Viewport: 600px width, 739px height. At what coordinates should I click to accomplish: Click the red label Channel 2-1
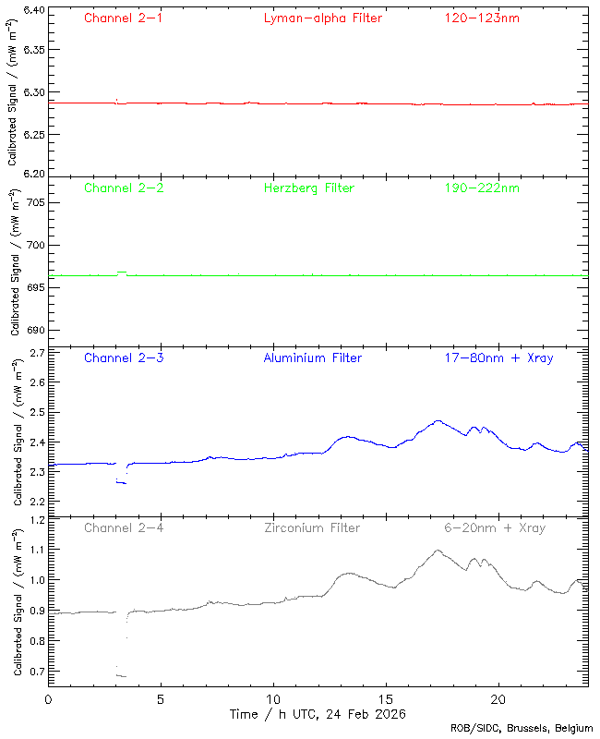pos(124,18)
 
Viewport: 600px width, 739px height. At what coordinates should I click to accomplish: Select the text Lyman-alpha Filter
pos(322,18)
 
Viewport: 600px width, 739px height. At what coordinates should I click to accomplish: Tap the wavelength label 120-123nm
pos(482,18)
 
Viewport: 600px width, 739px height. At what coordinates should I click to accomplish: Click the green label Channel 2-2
pos(124,188)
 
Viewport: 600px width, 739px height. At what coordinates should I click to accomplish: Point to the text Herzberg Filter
pos(308,188)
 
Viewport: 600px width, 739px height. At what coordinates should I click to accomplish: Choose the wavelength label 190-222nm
pos(482,188)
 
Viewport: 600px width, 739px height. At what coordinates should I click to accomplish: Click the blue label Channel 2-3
pos(124,357)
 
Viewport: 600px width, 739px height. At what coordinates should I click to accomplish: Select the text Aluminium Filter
pos(313,357)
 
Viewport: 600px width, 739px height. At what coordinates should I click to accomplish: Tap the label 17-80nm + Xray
pos(498,357)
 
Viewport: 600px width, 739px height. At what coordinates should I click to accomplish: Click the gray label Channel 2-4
pos(124,528)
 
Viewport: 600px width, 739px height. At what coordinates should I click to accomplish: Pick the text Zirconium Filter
pos(312,528)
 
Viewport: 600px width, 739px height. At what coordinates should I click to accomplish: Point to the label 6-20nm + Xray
pos(495,528)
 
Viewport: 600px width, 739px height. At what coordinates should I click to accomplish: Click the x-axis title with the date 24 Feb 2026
pos(318,714)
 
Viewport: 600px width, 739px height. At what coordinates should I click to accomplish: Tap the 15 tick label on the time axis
pos(385,699)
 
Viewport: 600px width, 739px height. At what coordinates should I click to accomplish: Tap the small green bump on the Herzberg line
pos(122,273)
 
